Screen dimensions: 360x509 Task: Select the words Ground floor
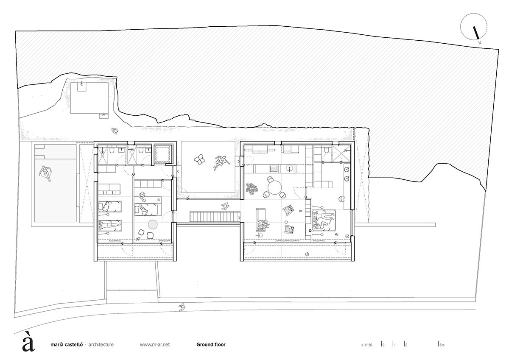tap(211, 345)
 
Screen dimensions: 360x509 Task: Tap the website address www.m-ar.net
tap(155, 345)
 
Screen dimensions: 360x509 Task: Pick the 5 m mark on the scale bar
tap(441, 345)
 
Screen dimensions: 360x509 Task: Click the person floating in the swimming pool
tap(45, 173)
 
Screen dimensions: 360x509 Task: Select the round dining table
tap(274, 185)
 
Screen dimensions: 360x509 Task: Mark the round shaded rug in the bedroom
tap(152, 225)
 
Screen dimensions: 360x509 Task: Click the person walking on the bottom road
tap(182, 306)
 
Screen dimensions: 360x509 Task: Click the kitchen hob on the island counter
tap(273, 169)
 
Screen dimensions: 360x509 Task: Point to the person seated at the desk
tap(143, 196)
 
